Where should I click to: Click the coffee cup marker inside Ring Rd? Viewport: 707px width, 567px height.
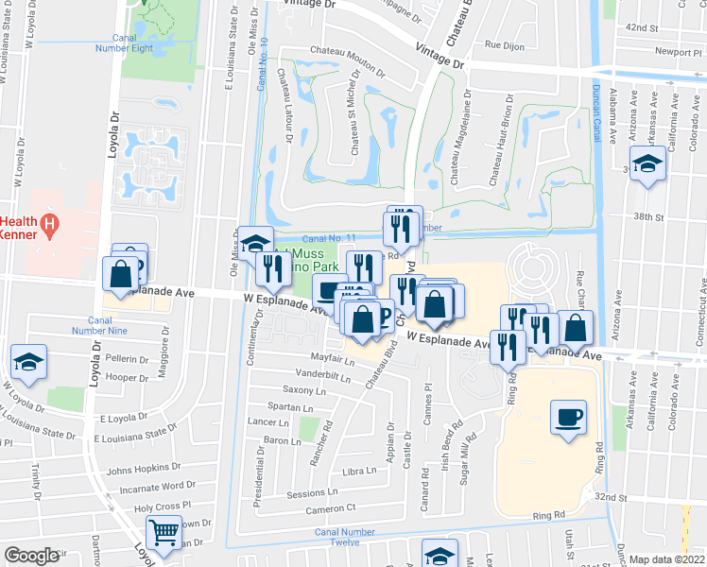click(568, 419)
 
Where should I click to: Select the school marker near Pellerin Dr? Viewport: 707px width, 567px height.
click(28, 363)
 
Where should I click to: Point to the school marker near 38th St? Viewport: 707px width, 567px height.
click(648, 166)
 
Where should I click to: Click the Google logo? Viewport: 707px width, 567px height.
click(31, 556)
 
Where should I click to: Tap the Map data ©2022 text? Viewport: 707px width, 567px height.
click(667, 559)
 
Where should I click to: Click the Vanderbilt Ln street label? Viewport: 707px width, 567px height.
click(324, 374)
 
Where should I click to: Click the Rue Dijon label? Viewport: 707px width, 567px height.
click(504, 44)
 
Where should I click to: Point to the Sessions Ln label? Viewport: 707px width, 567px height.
click(306, 494)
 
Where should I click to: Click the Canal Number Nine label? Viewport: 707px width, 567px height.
click(105, 324)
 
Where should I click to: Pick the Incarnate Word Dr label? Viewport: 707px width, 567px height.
click(151, 486)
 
